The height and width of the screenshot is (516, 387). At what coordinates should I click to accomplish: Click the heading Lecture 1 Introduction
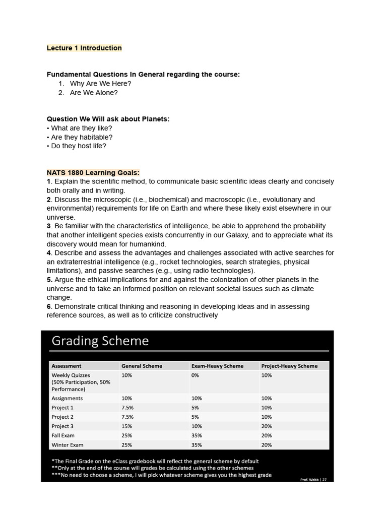[x=84, y=48]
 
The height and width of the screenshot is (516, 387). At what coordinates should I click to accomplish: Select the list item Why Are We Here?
[x=100, y=84]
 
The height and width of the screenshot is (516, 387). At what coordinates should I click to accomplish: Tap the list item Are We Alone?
[x=94, y=93]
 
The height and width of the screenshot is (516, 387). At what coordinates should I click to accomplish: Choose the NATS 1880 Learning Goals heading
[x=93, y=172]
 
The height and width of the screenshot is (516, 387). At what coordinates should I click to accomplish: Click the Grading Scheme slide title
[x=100, y=341]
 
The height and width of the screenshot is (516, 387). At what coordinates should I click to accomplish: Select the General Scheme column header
[x=142, y=366]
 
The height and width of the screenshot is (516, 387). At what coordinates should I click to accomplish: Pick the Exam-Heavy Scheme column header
[x=217, y=366]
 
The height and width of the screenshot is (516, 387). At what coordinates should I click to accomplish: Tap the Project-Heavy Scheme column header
[x=289, y=366]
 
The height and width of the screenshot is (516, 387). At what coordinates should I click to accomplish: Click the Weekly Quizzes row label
[x=71, y=375]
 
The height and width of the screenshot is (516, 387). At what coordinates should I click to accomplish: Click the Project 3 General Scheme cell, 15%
[x=126, y=426]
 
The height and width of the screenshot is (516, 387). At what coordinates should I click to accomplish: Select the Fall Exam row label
[x=63, y=435]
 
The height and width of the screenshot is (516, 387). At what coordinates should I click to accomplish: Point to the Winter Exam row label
[x=68, y=445]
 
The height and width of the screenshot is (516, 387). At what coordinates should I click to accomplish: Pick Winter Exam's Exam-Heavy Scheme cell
[x=197, y=445]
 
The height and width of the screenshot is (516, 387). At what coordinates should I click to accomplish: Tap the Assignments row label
[x=67, y=398]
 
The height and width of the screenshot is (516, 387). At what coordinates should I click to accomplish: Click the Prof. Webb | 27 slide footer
[x=313, y=480]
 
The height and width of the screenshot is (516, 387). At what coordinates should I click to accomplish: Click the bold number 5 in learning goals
[x=49, y=280]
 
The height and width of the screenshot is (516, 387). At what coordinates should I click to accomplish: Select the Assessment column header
[x=67, y=366]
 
